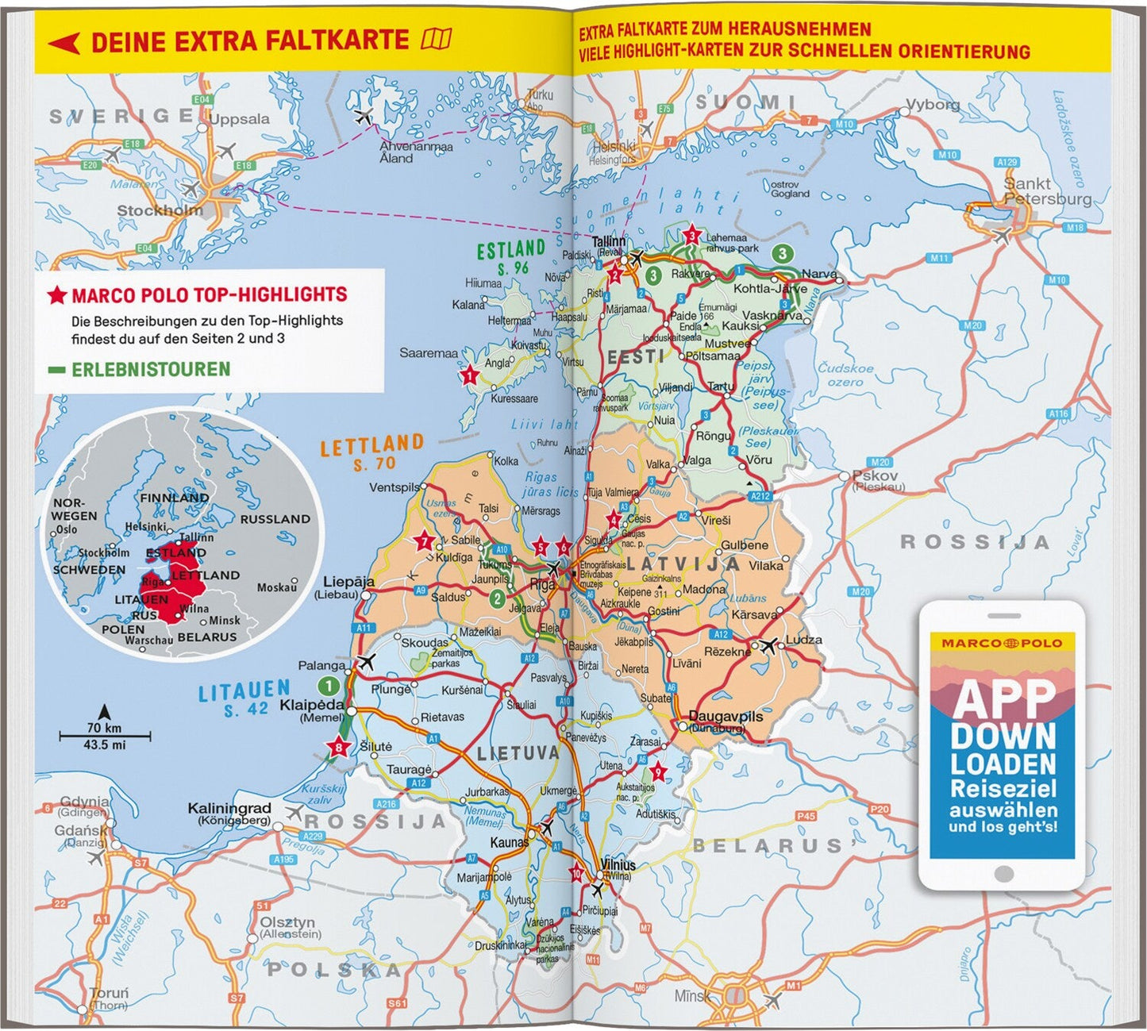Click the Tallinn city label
[609, 241]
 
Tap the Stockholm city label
[160, 211]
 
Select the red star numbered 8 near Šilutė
[340, 747]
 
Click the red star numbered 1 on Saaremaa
[470, 376]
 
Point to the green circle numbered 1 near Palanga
[328, 685]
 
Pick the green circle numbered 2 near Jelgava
[497, 598]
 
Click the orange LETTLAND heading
[371, 446]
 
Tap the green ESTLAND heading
[510, 251]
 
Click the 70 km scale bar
[105, 736]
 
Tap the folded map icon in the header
[437, 39]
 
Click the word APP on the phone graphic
[1003, 698]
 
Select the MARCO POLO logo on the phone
[1002, 643]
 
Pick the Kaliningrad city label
[229, 808]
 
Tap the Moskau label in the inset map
[276, 587]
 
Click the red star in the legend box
[56, 296]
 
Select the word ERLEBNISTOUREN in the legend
[151, 369]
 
